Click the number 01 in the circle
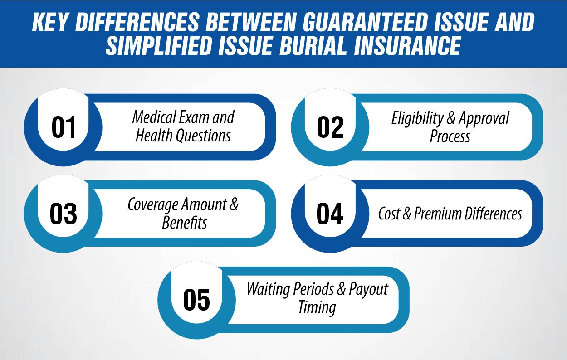[x=64, y=127]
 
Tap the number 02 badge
[x=330, y=127]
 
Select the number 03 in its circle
[x=64, y=214]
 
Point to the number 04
[x=330, y=214]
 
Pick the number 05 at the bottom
[x=197, y=300]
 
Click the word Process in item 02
[x=450, y=136]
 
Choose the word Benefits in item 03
[x=185, y=223]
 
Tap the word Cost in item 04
[x=389, y=214]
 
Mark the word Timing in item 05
[x=317, y=308]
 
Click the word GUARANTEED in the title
[x=352, y=24]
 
